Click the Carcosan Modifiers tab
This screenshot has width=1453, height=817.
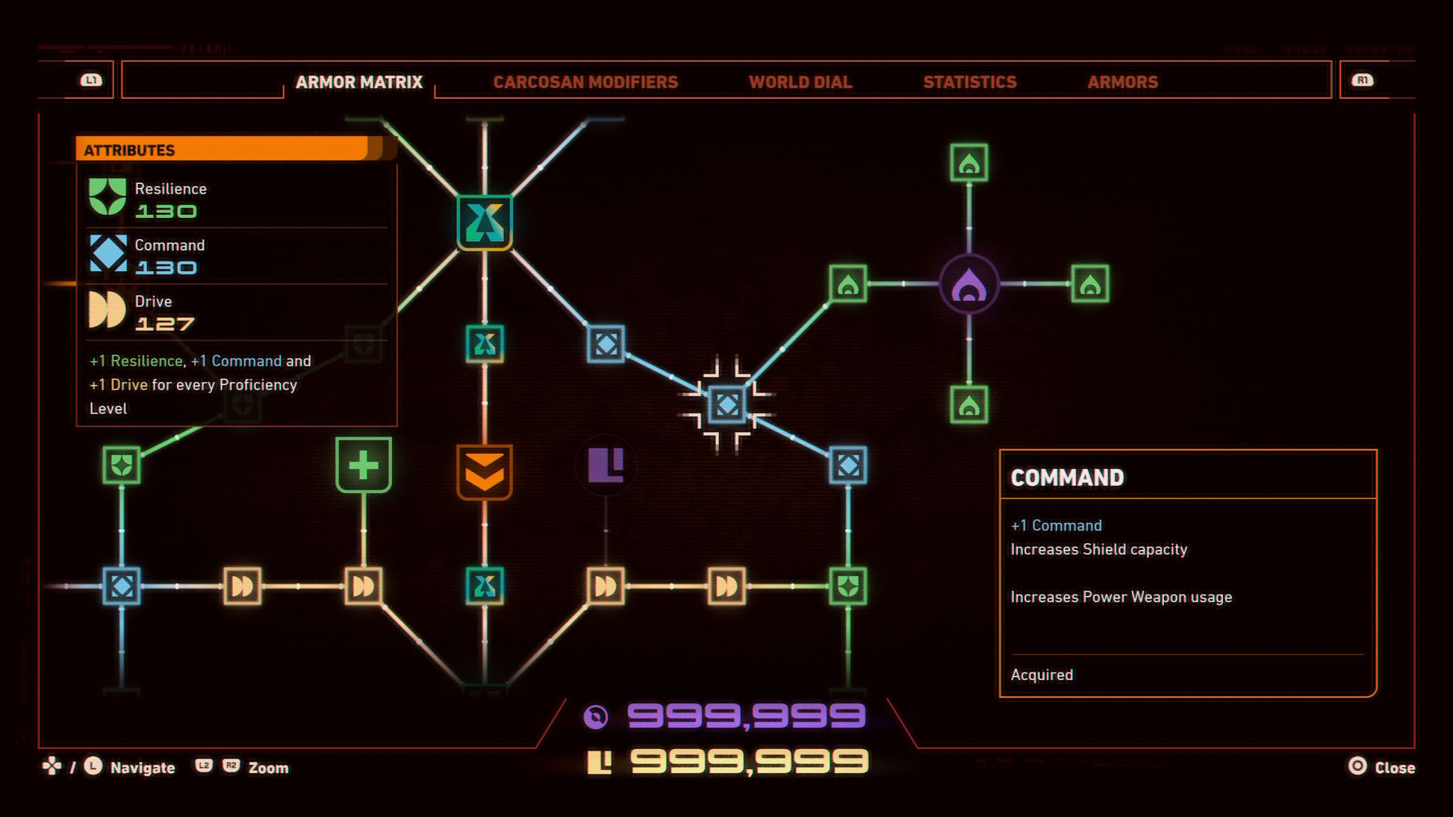point(585,82)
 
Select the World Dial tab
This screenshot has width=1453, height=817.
point(800,82)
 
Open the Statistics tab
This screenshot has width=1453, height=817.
point(969,82)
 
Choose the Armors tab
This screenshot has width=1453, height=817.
point(1122,82)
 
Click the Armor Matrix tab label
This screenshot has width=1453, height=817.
point(359,82)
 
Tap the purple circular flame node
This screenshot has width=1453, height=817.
point(969,284)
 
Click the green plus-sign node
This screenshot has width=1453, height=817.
point(363,464)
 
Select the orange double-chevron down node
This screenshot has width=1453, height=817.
point(484,472)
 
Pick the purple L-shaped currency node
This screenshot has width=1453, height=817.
point(605,464)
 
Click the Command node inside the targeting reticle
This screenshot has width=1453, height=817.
point(726,405)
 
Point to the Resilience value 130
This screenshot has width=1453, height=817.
point(166,212)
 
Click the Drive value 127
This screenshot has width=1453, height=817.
point(165,325)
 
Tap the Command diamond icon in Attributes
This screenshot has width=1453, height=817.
point(108,253)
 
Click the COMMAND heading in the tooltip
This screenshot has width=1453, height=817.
point(1067,477)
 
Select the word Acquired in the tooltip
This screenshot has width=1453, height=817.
point(1041,675)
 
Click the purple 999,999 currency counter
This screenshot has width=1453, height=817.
point(745,716)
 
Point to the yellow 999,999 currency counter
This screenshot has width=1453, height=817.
point(749,762)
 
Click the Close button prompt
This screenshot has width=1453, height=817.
point(1382,767)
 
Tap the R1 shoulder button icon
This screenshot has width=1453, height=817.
point(1362,80)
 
